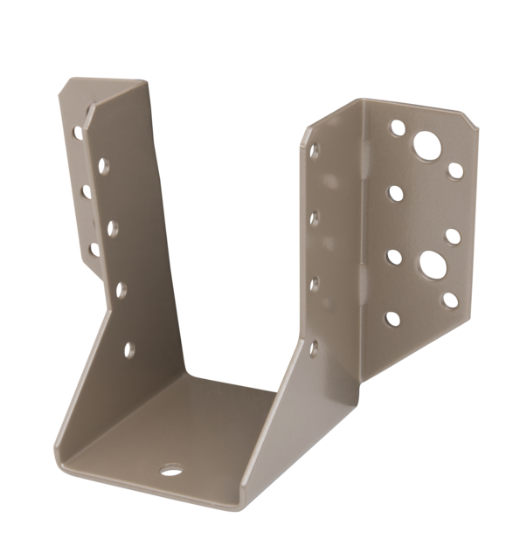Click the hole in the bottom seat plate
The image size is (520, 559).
171,471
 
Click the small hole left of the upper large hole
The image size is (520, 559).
398,128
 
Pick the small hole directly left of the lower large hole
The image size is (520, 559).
394,257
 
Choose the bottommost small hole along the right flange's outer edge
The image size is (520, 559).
450,300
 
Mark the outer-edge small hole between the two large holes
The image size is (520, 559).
453,235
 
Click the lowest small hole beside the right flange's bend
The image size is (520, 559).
392,319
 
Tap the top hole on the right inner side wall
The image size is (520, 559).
314,150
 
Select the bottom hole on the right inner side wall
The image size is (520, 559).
314,347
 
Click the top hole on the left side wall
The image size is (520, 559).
104,164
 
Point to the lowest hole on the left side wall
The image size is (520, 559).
129,349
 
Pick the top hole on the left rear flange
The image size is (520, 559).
78,133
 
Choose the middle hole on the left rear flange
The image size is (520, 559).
86,191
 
